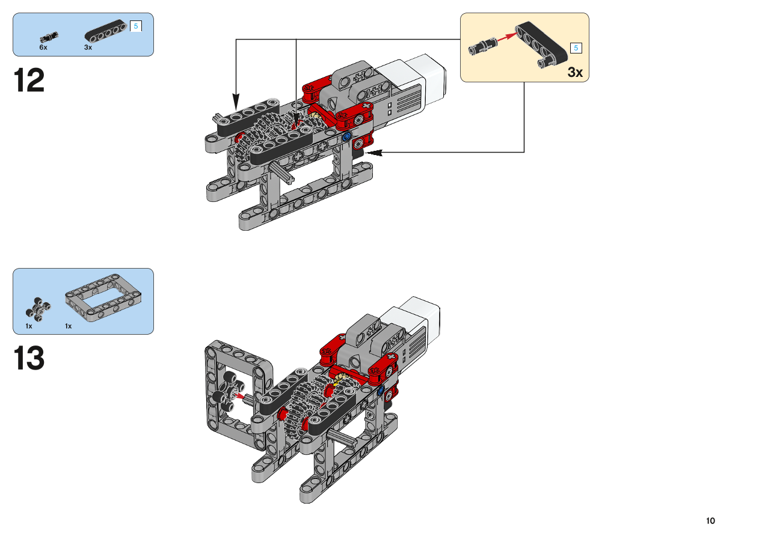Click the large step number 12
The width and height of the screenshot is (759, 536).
(x=29, y=80)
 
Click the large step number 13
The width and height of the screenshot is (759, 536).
(x=29, y=358)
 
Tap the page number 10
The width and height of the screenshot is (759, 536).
(x=710, y=521)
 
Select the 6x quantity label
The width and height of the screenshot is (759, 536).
(x=43, y=47)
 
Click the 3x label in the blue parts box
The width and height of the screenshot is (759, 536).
(x=88, y=47)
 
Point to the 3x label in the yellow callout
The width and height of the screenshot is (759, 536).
(x=575, y=72)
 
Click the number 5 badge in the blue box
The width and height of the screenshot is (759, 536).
(x=136, y=26)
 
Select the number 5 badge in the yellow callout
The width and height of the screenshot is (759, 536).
(x=576, y=48)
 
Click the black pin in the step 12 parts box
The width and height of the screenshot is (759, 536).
(x=49, y=37)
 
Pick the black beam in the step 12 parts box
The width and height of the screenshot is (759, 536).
(x=106, y=31)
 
